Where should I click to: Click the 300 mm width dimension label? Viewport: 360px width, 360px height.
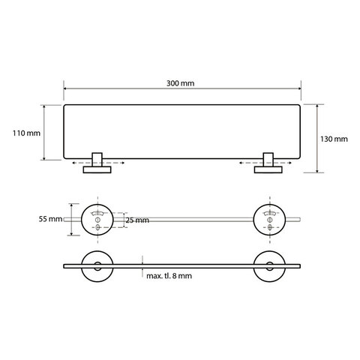pos(180,83)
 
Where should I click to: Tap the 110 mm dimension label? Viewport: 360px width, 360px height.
pos(26,133)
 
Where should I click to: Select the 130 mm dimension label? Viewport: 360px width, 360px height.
pos(334,139)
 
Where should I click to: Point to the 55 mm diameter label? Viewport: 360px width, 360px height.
pos(50,219)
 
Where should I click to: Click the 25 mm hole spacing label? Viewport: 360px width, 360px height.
pos(137,220)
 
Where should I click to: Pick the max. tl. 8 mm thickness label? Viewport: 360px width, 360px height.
pos(169,276)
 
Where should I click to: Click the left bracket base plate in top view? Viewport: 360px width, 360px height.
pos(97,170)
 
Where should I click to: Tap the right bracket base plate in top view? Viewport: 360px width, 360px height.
pos(268,170)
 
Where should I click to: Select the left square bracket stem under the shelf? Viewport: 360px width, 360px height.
pos(97,160)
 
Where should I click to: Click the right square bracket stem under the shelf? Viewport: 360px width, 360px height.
pos(268,160)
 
